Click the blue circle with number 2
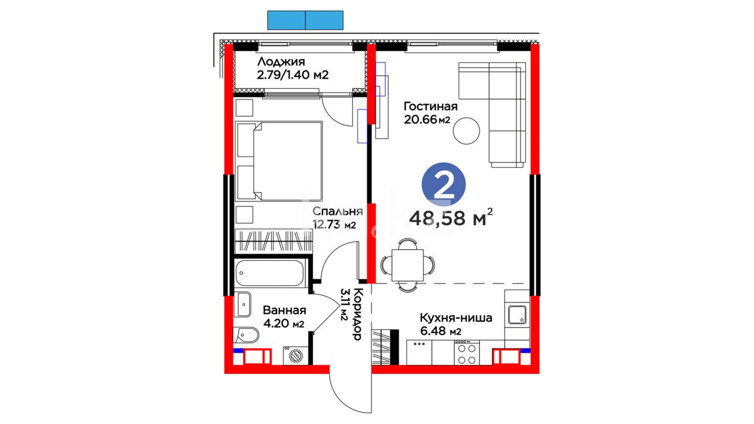tap(444, 185)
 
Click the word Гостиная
tap(431, 106)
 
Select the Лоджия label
tap(281, 62)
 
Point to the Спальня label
tap(337, 212)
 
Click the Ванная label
tap(284, 310)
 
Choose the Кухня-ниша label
tap(456, 318)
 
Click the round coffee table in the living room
tap(466, 131)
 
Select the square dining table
tap(408, 265)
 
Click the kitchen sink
tap(517, 315)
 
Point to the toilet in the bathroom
tap(246, 335)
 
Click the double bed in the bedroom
tap(279, 161)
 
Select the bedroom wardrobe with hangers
tap(274, 241)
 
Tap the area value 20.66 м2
tap(427, 119)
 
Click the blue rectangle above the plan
tap(305, 20)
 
